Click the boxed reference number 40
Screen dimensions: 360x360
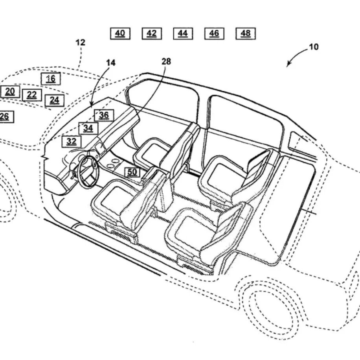[120, 33]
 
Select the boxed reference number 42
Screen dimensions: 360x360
[152, 33]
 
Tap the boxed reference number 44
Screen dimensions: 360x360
[183, 33]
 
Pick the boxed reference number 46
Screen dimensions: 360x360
[214, 33]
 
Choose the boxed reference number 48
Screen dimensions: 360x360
[246, 33]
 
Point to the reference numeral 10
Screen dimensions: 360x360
[314, 47]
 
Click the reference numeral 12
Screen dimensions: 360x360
[80, 42]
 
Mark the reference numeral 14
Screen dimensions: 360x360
[111, 63]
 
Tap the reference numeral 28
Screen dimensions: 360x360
[166, 61]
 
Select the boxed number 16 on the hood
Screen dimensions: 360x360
[51, 79]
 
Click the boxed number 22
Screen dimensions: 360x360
[32, 95]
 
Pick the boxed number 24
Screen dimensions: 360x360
[54, 100]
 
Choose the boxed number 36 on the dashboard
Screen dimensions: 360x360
[104, 115]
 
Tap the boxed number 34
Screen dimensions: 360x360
[88, 128]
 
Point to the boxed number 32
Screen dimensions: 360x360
[72, 142]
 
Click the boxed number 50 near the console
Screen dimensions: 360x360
[132, 172]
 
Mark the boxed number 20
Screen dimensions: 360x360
[10, 92]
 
